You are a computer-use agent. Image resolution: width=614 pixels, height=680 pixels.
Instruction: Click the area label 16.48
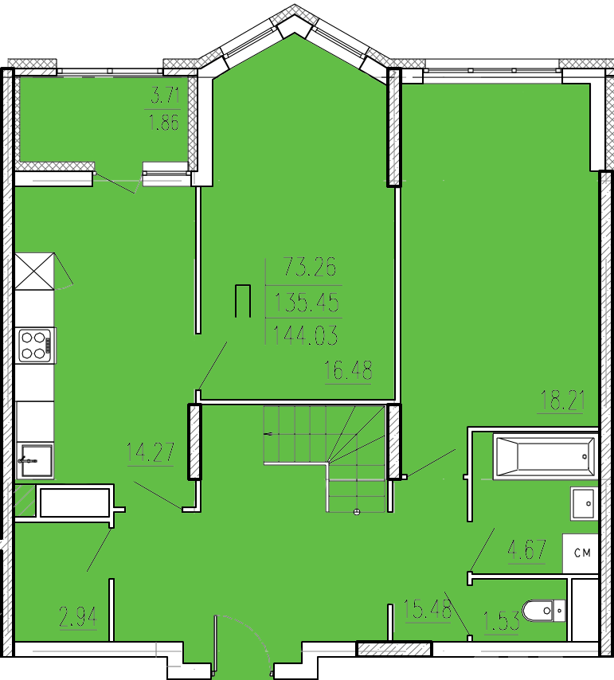(x=348, y=370)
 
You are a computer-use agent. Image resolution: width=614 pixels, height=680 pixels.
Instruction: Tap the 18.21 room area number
(x=561, y=400)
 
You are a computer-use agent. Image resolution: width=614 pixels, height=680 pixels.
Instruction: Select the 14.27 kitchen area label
(x=151, y=452)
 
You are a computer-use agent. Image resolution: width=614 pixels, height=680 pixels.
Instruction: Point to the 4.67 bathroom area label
(x=526, y=549)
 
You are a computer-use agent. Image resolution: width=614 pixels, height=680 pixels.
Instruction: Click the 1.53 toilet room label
(x=501, y=622)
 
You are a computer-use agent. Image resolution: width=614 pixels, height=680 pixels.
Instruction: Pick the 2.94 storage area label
(x=78, y=617)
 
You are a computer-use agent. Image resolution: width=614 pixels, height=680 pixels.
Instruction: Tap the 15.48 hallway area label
(x=428, y=609)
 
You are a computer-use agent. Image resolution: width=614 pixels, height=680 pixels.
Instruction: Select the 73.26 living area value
(x=310, y=267)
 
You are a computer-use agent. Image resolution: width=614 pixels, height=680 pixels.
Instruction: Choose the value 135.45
(x=307, y=303)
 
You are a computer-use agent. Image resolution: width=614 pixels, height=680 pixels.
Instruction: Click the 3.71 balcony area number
(x=164, y=95)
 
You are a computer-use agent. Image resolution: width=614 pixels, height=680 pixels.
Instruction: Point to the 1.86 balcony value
(x=163, y=123)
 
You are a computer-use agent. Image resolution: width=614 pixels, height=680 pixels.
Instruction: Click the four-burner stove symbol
(x=36, y=345)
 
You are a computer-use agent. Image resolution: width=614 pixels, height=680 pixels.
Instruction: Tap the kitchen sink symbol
(x=35, y=460)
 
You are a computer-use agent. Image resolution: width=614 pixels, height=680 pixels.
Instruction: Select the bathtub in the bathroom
(x=545, y=456)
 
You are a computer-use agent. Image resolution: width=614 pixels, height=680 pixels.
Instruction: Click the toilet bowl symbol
(x=544, y=611)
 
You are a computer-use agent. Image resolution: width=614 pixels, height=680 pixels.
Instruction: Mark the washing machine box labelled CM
(x=581, y=553)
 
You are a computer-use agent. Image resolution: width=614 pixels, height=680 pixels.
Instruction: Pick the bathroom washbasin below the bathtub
(x=584, y=503)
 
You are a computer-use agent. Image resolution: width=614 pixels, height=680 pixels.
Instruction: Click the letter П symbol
(x=243, y=300)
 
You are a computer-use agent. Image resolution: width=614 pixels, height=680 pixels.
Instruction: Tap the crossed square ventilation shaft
(x=35, y=272)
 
